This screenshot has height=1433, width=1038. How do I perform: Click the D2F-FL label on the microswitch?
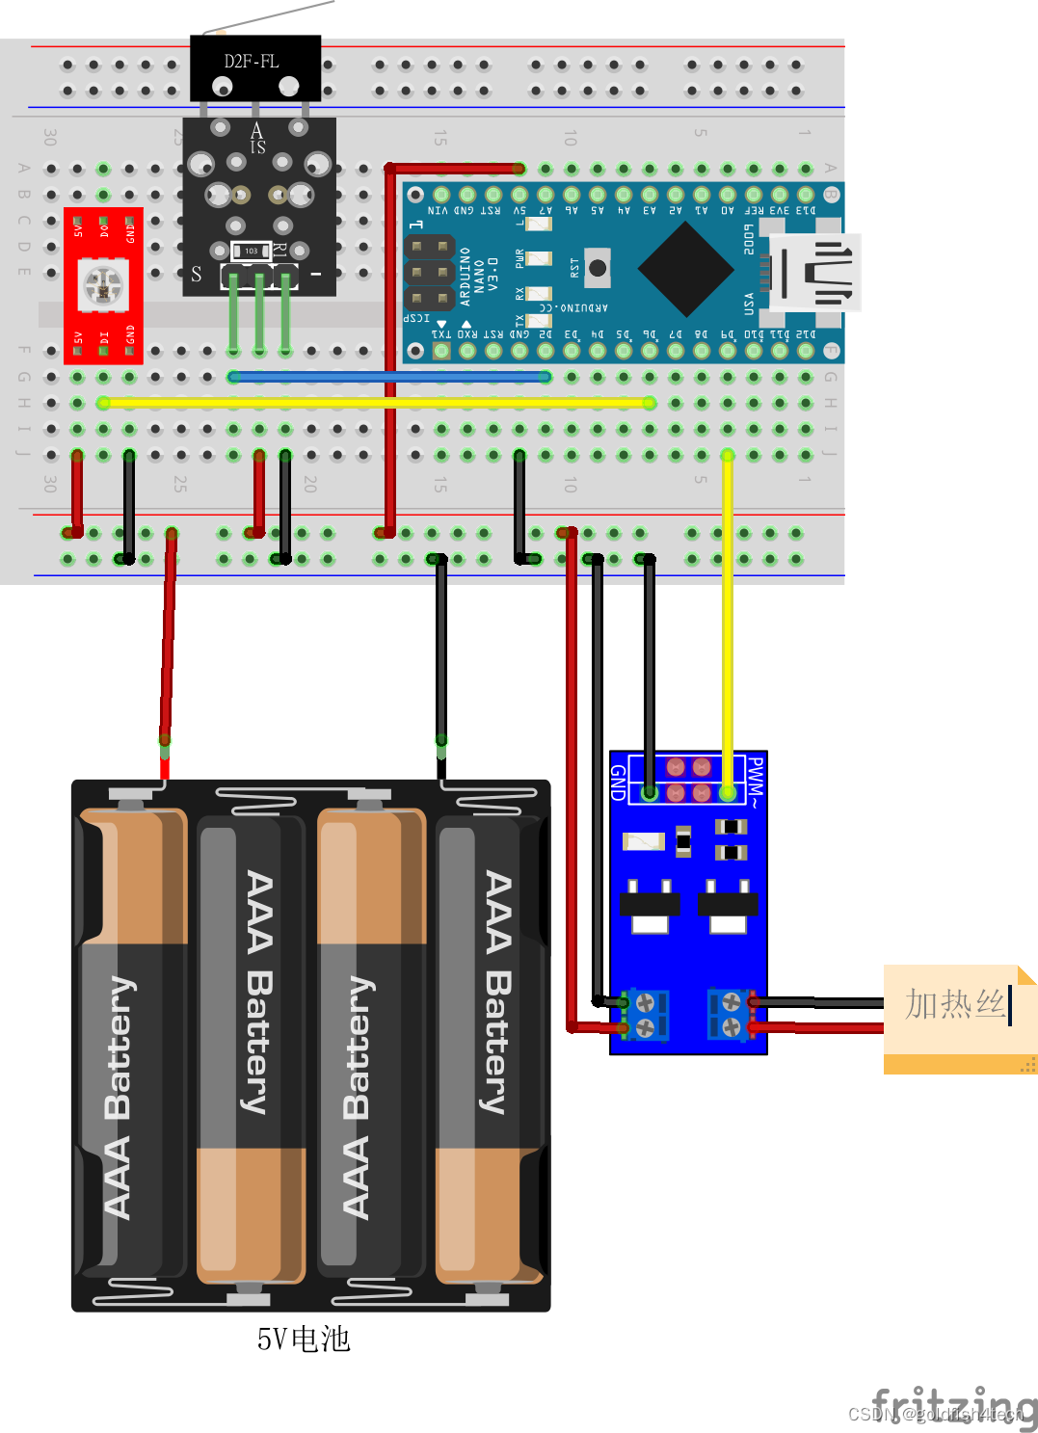click(x=252, y=62)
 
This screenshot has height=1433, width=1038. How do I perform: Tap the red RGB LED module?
click(x=103, y=285)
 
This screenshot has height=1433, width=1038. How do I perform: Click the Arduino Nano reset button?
click(x=598, y=268)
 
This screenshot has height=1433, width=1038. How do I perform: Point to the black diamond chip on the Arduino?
click(x=685, y=270)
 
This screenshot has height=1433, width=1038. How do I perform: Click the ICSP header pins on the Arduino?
click(x=429, y=273)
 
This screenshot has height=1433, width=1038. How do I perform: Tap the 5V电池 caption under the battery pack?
click(x=303, y=1339)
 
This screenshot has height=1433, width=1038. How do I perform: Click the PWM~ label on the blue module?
click(x=756, y=782)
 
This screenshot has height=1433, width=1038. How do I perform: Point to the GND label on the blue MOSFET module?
click(x=619, y=783)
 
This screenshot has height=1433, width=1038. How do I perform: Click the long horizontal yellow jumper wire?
click(x=376, y=403)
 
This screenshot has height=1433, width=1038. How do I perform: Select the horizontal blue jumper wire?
click(x=390, y=377)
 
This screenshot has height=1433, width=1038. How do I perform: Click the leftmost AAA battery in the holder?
click(x=132, y=1046)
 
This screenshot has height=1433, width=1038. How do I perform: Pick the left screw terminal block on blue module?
click(x=645, y=1016)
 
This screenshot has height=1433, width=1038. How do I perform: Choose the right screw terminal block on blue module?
click(x=730, y=1016)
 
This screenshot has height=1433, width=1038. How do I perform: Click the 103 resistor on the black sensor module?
click(x=251, y=252)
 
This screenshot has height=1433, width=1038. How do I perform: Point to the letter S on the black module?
click(x=197, y=275)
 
